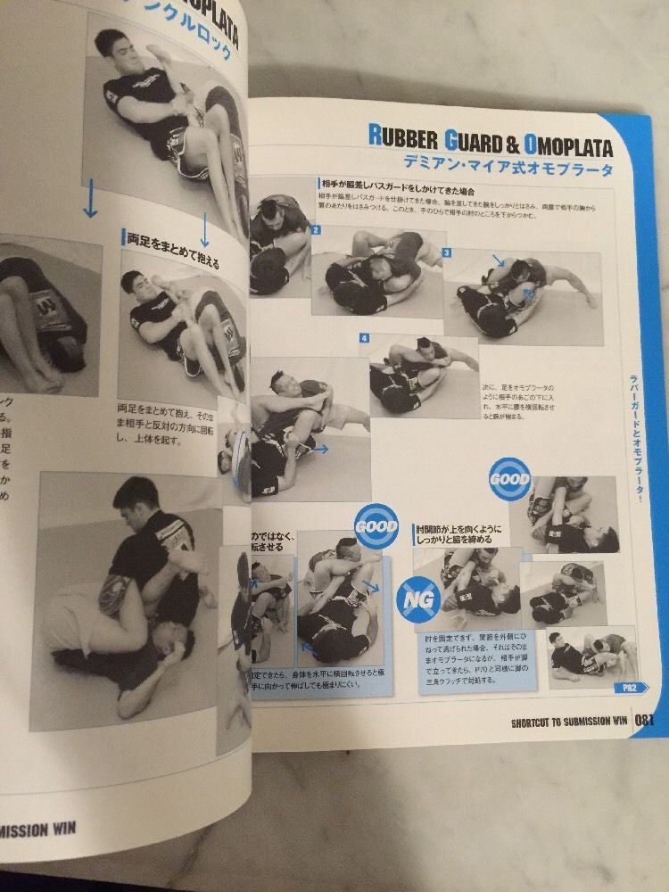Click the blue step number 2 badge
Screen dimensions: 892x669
click(316, 229)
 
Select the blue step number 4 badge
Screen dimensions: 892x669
click(365, 339)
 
